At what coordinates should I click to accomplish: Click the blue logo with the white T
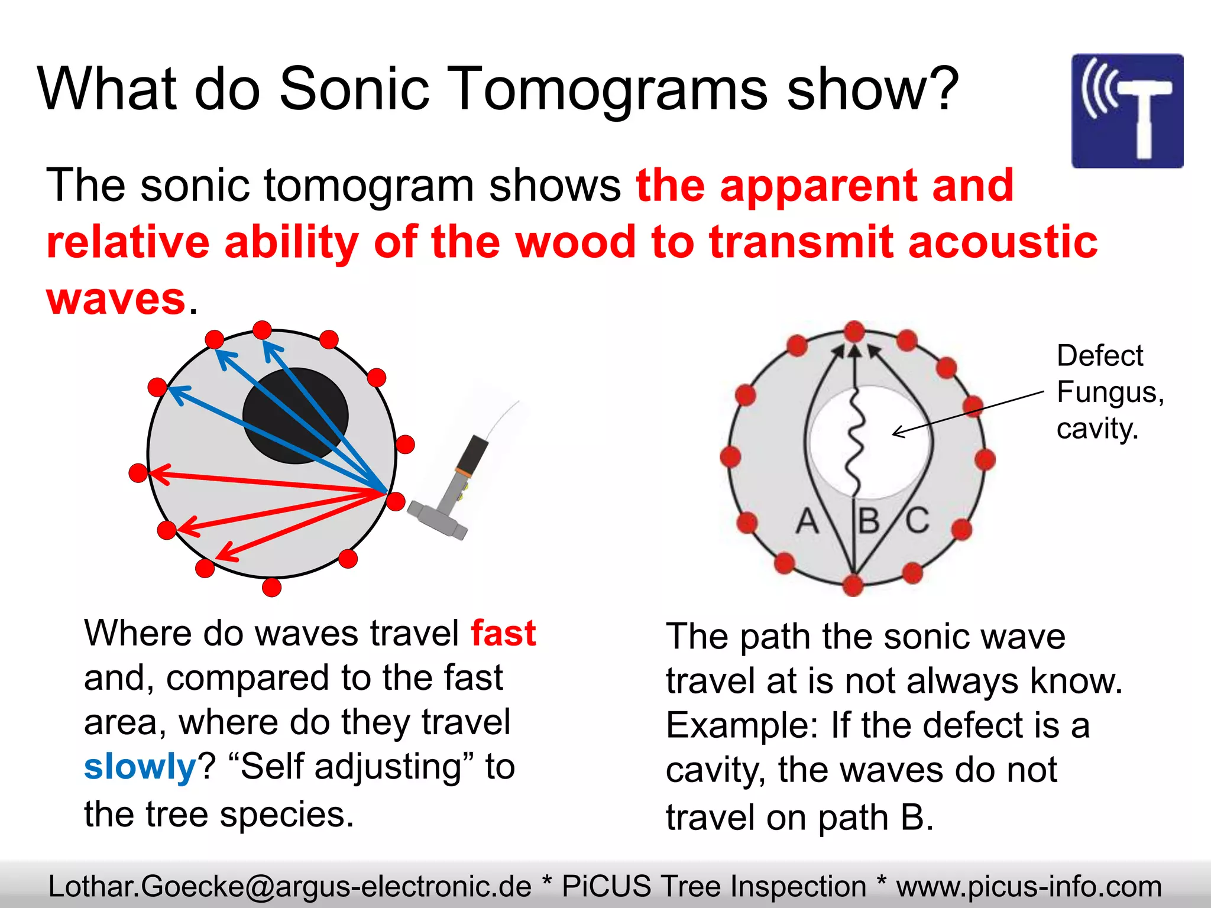[x=1127, y=111]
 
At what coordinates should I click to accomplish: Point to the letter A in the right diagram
[x=807, y=521]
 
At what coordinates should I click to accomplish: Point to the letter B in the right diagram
[x=869, y=521]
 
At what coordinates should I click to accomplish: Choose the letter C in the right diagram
[x=917, y=520]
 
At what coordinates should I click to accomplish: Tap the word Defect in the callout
[x=1099, y=356]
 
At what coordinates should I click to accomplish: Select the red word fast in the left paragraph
[x=503, y=633]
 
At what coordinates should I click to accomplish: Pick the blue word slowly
[x=140, y=767]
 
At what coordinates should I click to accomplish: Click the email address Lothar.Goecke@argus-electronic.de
[x=290, y=886]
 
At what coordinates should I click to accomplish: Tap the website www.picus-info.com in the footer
[x=1029, y=886]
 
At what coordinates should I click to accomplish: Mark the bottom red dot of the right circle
[x=853, y=585]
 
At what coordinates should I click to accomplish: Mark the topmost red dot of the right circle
[x=854, y=331]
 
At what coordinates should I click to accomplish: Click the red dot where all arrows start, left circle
[x=395, y=501]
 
